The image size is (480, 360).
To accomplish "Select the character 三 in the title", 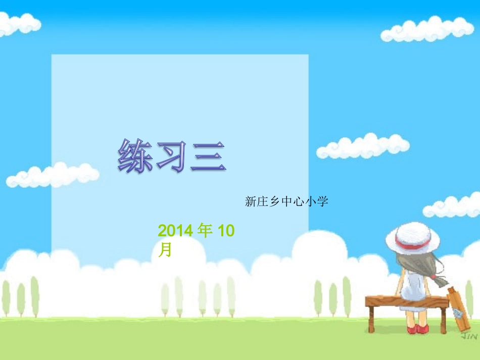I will click(x=208, y=157).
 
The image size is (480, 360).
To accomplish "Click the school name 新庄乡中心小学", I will click(x=286, y=202).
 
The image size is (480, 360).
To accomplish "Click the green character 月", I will click(x=165, y=249).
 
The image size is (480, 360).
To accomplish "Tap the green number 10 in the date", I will click(x=226, y=231).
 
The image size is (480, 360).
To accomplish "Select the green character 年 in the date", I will click(x=205, y=231).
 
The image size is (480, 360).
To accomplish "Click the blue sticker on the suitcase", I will click(x=458, y=314).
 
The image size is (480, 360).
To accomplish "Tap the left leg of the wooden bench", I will click(x=371, y=318).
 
